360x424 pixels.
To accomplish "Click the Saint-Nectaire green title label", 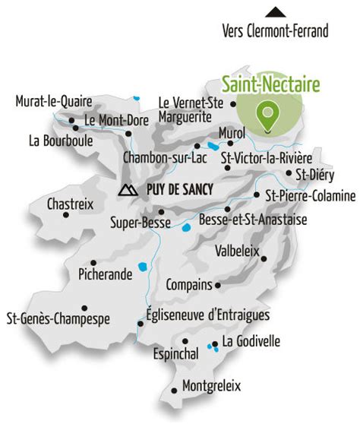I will tap(270, 85).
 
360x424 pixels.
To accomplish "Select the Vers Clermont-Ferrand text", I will tap(275, 31).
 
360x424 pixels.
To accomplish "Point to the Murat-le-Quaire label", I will tap(53, 101).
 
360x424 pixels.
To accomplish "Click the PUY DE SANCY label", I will tap(175, 190).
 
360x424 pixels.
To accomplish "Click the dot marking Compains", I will tap(218, 285).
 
